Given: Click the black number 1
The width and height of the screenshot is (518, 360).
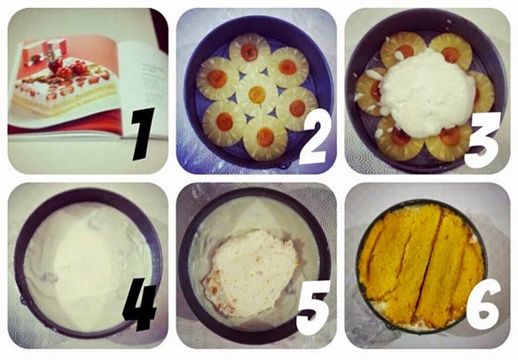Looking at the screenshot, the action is coord(143,134).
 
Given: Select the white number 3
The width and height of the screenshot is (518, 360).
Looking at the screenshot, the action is coord(483,140).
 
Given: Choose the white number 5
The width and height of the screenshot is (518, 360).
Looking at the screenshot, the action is coord(312,307).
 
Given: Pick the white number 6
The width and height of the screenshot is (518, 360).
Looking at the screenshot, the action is coord(483,304).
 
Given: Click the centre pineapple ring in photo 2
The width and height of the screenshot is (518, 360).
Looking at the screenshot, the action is coord(256,95).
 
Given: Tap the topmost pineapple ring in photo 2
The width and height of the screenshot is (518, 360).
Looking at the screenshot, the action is coord(250,53).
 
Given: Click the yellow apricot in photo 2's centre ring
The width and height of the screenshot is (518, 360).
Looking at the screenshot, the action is coord(257,95).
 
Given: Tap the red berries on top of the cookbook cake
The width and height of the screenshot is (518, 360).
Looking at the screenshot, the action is coord(67,68).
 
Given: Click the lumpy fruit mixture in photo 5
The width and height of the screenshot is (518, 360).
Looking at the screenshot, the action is coord(250,273).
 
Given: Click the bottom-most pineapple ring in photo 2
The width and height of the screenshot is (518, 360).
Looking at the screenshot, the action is coord(265,137).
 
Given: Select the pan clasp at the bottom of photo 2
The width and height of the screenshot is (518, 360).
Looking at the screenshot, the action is coord(285,164).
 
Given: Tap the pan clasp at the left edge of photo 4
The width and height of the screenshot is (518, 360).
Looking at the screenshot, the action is coord(22,300).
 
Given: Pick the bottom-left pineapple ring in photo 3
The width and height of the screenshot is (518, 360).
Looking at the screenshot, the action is coord(399,138).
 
